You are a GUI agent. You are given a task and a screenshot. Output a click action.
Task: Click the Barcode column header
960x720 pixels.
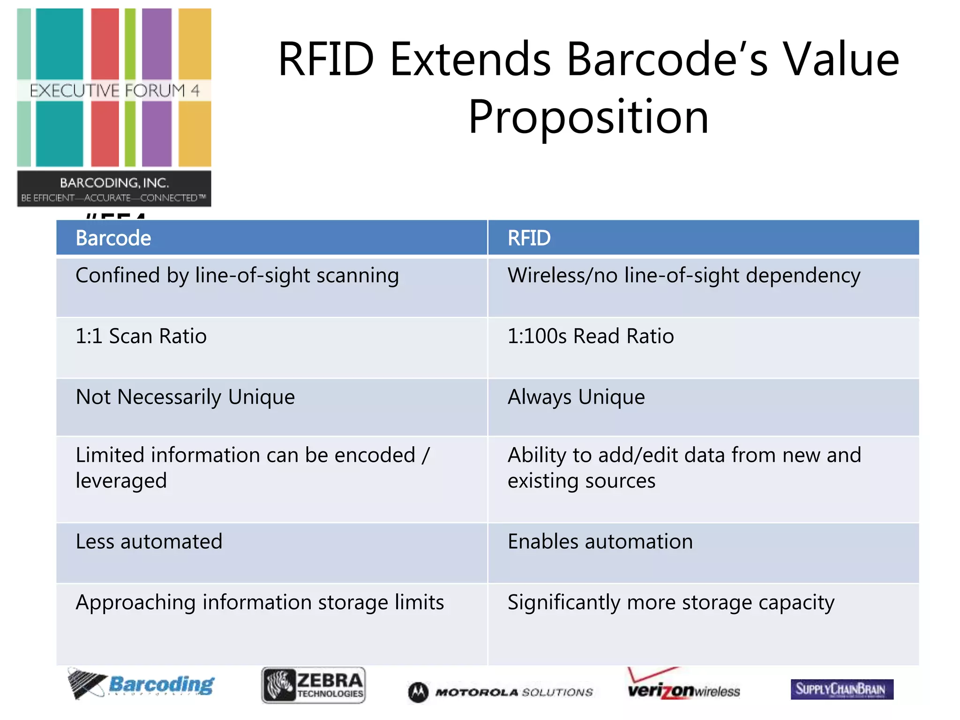pos(113,238)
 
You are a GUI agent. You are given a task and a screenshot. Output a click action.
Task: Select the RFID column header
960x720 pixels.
pos(529,238)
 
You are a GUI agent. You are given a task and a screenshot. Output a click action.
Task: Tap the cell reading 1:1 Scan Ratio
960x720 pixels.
pos(141,337)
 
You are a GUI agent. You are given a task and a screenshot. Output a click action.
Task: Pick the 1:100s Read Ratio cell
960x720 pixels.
pos(591,337)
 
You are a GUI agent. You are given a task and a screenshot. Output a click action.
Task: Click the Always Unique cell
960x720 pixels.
pos(576,397)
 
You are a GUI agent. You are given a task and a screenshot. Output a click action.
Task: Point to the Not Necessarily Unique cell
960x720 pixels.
pos(185,397)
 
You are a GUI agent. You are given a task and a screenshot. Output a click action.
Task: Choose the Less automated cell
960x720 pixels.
pos(149,542)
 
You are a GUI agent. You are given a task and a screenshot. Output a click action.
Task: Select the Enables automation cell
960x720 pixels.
pos(600,542)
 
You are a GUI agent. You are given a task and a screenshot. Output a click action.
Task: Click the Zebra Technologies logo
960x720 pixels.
pos(313,685)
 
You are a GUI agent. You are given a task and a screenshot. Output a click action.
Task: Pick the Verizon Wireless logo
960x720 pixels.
pos(683,687)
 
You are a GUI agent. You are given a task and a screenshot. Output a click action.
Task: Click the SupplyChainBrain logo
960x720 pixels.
pos(841,689)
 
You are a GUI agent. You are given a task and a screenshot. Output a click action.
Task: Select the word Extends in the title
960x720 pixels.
pos(471,60)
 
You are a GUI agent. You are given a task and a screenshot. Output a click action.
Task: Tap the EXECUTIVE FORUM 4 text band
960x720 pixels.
pos(114,90)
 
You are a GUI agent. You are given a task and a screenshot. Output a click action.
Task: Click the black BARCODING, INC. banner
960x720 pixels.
pos(114,188)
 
